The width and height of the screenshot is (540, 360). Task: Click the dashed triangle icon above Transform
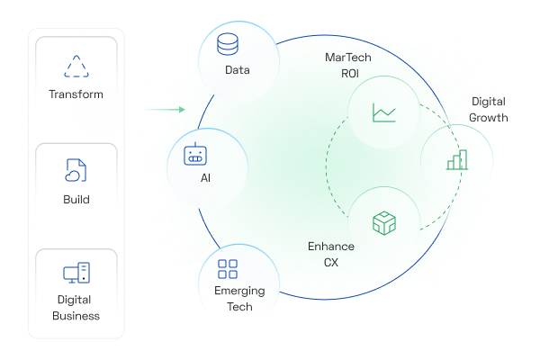(76, 66)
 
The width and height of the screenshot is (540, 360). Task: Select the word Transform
(76, 94)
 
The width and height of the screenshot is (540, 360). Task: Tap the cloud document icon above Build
(76, 170)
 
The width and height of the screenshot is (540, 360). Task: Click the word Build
(76, 200)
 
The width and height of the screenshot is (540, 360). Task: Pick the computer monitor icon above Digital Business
(76, 273)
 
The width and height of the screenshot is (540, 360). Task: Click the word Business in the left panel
(76, 316)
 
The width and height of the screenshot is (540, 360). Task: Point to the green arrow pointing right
(165, 110)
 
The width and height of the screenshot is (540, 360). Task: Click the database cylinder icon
(228, 44)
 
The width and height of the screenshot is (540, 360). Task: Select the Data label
(238, 70)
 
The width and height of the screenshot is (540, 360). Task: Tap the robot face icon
(195, 154)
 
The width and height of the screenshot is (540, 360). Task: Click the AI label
(205, 178)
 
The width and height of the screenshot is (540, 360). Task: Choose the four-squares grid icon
(228, 269)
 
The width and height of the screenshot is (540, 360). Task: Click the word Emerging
(239, 291)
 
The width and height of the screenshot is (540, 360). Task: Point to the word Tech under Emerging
(239, 307)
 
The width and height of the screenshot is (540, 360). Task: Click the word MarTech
(348, 58)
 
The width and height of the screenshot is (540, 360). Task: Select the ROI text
(350, 74)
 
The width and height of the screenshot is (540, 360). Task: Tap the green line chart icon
(384, 112)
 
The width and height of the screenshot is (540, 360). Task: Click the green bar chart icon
(457, 160)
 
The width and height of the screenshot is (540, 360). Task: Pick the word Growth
(489, 118)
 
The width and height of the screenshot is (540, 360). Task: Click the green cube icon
(384, 223)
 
